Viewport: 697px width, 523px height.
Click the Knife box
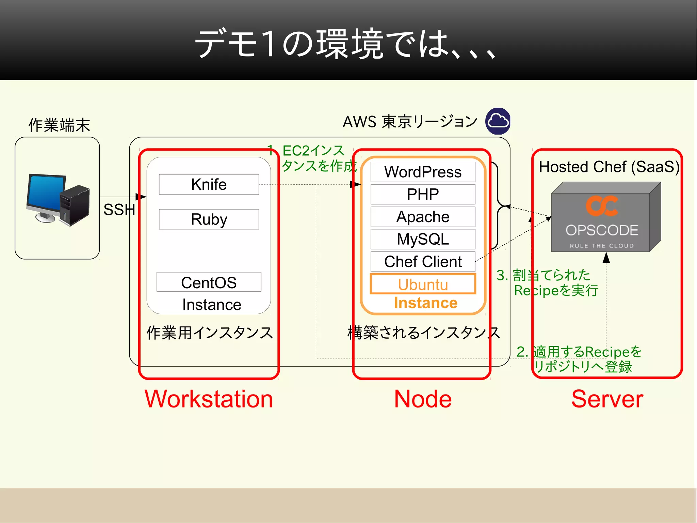pyautogui.click(x=209, y=184)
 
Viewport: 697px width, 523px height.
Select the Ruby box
pyautogui.click(x=209, y=219)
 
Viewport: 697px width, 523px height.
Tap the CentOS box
pyautogui.click(x=209, y=282)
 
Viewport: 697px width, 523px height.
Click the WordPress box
pyautogui.click(x=423, y=172)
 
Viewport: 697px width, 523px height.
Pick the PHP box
pyautogui.click(x=423, y=194)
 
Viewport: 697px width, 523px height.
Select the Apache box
pyautogui.click(x=423, y=217)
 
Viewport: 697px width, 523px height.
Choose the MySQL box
pyautogui.click(x=423, y=239)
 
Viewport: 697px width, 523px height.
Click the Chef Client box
pyautogui.click(x=423, y=262)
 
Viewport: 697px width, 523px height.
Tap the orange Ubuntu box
pyautogui.click(x=423, y=284)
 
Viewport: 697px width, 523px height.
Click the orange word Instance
pyautogui.click(x=425, y=303)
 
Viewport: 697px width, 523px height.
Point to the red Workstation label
pyautogui.click(x=209, y=399)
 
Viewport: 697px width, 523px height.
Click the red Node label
pyautogui.click(x=423, y=399)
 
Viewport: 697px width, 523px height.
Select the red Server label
pyautogui.click(x=607, y=399)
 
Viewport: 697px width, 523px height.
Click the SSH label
pyautogui.click(x=119, y=210)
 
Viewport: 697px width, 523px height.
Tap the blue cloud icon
pyautogui.click(x=498, y=121)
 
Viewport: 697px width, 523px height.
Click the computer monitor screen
pyautogui.click(x=46, y=193)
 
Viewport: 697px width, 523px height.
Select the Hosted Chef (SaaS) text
pyautogui.click(x=609, y=167)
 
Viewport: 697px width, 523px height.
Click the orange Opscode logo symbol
pyautogui.click(x=602, y=206)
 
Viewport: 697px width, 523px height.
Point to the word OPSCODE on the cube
pyautogui.click(x=602, y=230)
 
